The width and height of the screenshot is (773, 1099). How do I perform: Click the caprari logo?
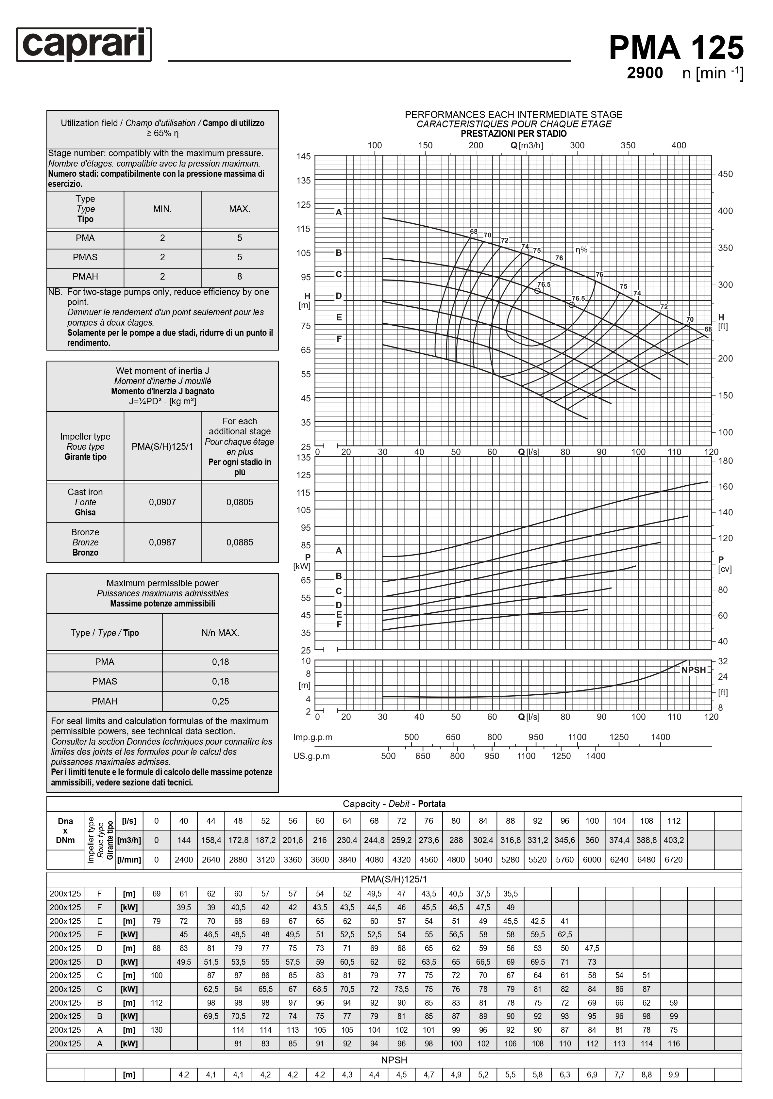[84, 44]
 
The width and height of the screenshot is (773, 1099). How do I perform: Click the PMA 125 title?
[676, 48]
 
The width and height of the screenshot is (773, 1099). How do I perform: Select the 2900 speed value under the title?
[645, 73]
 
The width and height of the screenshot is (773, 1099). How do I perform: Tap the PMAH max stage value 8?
[240, 276]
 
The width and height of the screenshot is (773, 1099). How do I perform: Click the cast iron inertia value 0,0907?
[162, 502]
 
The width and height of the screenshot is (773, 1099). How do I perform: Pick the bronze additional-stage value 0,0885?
[240, 542]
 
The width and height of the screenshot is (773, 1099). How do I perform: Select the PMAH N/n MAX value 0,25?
[220, 701]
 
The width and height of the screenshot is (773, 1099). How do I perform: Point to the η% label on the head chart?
[581, 250]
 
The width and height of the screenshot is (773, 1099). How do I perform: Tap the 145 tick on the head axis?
[303, 156]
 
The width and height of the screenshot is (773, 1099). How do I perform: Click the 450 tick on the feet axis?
[725, 174]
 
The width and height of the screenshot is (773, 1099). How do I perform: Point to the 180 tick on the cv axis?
[725, 461]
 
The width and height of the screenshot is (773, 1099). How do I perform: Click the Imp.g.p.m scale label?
[313, 737]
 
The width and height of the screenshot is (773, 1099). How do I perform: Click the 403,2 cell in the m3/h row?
[673, 840]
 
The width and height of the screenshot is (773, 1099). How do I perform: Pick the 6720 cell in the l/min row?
[673, 860]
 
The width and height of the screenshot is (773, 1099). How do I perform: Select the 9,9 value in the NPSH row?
[673, 1075]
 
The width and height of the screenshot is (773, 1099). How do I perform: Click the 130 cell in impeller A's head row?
[157, 1029]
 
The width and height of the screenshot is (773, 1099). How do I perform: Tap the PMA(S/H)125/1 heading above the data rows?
[394, 879]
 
